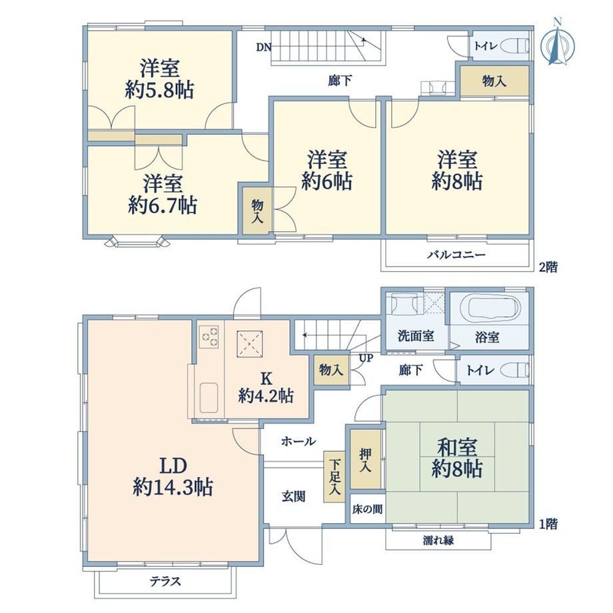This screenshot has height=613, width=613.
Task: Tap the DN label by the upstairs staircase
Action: click(x=263, y=47)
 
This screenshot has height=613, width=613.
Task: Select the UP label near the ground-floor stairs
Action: click(x=366, y=358)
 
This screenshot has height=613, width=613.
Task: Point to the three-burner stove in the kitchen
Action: click(x=209, y=337)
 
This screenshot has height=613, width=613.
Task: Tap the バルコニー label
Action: click(x=456, y=255)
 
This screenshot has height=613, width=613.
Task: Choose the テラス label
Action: click(x=165, y=581)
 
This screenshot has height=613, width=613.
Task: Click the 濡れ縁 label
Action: click(x=438, y=540)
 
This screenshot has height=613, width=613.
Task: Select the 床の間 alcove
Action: click(x=367, y=509)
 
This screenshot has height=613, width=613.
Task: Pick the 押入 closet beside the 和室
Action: click(x=366, y=459)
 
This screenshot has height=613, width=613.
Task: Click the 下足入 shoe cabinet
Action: click(x=333, y=476)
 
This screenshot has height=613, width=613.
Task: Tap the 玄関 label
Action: click(x=294, y=496)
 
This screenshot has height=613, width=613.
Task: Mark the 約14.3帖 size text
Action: click(x=173, y=487)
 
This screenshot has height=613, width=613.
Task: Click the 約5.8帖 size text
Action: click(x=159, y=91)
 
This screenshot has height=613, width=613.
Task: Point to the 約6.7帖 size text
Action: click(x=162, y=205)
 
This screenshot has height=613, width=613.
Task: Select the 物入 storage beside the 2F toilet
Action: click(x=494, y=81)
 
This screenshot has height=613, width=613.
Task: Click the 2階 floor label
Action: click(x=548, y=267)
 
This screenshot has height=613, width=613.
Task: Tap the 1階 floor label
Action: click(x=548, y=524)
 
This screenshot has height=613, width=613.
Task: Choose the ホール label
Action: click(x=299, y=441)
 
